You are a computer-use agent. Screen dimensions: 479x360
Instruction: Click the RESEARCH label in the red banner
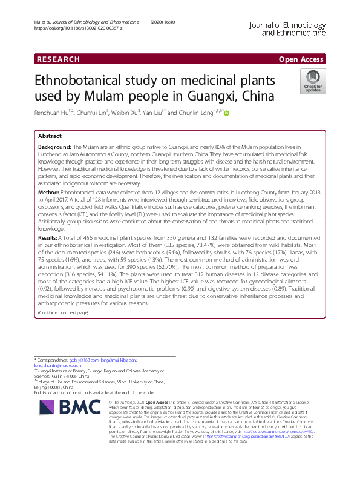click(x=58, y=59)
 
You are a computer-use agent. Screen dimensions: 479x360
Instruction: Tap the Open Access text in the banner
click(x=301, y=59)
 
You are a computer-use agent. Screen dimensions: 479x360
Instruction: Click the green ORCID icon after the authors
click(x=227, y=113)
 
